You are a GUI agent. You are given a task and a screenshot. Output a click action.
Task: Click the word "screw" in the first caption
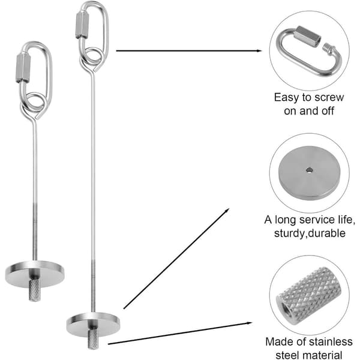click(329, 98)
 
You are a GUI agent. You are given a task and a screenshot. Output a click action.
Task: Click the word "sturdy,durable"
click(310, 233)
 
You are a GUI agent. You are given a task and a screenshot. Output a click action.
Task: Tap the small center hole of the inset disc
click(309, 170)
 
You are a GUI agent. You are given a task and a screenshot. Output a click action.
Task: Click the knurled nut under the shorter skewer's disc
click(35, 290)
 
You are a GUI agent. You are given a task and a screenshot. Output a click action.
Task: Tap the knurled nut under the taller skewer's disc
click(93, 339)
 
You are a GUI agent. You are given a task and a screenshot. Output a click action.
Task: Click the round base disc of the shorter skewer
click(35, 274)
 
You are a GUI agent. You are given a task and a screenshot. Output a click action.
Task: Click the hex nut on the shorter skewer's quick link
click(23, 68)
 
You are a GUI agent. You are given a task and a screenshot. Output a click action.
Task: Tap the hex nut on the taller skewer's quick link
click(82, 25)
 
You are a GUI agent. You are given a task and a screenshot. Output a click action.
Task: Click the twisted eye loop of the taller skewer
click(91, 59)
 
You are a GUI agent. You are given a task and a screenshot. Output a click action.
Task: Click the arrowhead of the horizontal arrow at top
click(259, 51)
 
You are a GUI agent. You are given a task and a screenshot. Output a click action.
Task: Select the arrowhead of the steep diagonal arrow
click(227, 211)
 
